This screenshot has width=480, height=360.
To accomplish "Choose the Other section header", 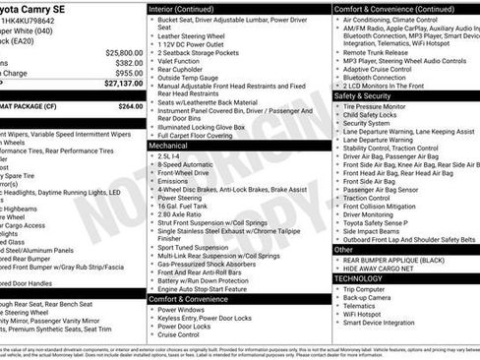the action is click(344, 250).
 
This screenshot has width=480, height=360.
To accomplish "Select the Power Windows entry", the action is click(185, 309).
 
